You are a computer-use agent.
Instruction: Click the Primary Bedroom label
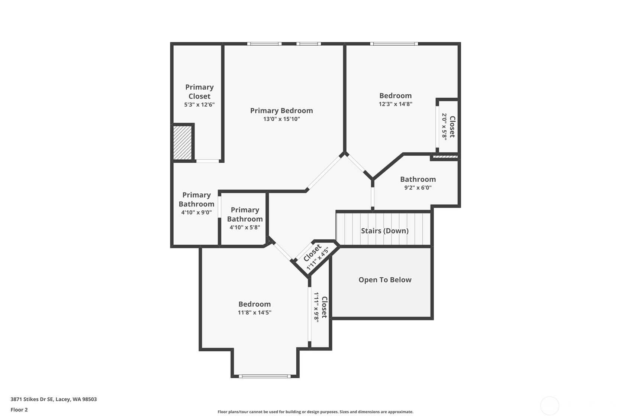(x=281, y=111)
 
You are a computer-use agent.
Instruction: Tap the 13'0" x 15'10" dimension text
(x=281, y=119)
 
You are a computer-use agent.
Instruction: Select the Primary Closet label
(x=199, y=92)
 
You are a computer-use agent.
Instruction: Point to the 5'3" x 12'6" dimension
(x=199, y=105)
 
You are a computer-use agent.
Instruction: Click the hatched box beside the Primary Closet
(x=182, y=143)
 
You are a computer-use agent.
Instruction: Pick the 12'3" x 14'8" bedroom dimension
(x=396, y=104)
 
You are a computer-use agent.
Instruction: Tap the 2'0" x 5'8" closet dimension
(x=444, y=127)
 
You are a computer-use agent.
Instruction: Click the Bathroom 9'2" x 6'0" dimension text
(x=418, y=188)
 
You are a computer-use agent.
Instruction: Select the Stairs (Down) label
(x=385, y=231)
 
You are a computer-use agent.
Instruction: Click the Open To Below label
(x=385, y=280)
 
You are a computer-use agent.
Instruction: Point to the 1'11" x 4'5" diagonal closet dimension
(x=318, y=259)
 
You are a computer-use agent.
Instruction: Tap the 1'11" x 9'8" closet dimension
(x=316, y=307)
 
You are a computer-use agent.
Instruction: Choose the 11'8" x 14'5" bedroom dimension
(x=255, y=313)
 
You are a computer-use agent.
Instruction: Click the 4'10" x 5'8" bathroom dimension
(x=245, y=227)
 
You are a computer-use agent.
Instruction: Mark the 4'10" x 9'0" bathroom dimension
(x=196, y=212)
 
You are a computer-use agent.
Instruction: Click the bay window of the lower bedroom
(x=265, y=376)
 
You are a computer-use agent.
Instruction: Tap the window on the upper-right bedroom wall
(x=394, y=44)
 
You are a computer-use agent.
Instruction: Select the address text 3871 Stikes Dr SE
(x=32, y=399)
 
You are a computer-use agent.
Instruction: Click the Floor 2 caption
(x=19, y=410)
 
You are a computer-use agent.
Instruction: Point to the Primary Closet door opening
(x=207, y=161)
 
